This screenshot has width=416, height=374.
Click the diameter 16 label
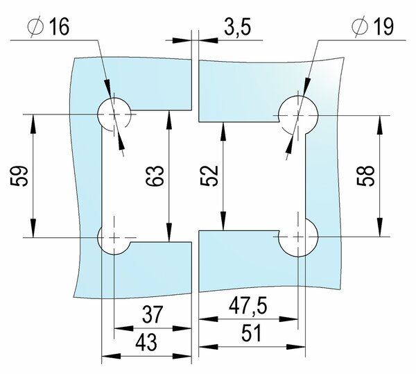point(49,26)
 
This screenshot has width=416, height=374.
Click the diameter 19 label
point(373,26)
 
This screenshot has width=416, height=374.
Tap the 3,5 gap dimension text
point(237,27)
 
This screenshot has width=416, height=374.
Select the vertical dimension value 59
point(19,176)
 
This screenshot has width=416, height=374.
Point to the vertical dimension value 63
point(155,176)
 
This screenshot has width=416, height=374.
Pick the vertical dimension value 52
point(209,176)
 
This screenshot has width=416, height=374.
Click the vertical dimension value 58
point(365,176)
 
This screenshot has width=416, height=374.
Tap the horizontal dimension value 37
point(152,314)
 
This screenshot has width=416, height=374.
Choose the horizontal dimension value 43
point(146,342)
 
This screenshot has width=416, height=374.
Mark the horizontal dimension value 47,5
point(248,306)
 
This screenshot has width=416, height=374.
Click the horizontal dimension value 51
point(251,333)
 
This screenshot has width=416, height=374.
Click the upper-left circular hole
point(114,114)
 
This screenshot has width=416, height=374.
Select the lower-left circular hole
point(114,237)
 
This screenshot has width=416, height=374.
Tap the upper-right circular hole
point(298,116)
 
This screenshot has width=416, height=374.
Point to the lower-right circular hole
point(298,237)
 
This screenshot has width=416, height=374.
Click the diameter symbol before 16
point(35,26)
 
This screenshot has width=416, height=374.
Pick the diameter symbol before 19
point(360,26)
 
